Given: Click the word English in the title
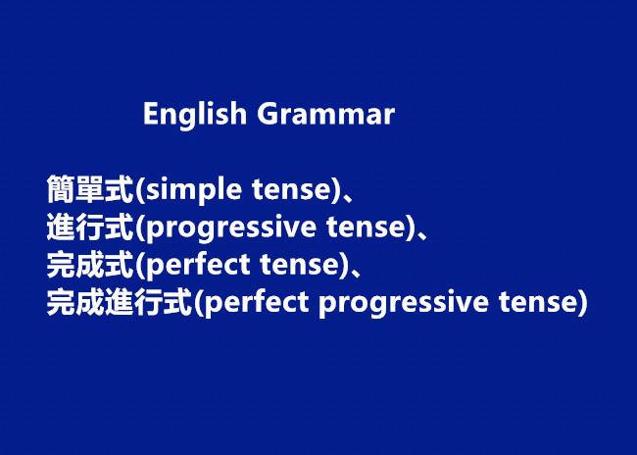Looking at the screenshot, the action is point(195,115).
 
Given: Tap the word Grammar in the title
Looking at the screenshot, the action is point(325,114).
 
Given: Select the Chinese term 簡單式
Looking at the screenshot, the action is point(90,189).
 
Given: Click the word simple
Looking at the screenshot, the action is point(193,190).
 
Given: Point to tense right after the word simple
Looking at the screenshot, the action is point(291,190).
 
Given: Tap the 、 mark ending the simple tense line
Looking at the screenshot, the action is point(349,197).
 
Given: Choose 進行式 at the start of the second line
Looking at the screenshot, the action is point(90,227).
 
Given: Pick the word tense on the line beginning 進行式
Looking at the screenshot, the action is point(366,227).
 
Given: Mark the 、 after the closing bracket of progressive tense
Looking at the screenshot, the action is point(423,234).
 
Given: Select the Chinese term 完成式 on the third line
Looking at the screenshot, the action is point(90,265).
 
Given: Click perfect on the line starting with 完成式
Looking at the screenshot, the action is point(197,265).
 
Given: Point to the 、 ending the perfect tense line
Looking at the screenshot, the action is point(356,272).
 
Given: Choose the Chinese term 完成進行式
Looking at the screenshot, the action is point(119,302).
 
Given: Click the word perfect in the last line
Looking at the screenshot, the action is point(256,303).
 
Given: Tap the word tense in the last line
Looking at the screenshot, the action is point(539,303).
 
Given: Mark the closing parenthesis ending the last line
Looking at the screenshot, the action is point(583,303).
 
